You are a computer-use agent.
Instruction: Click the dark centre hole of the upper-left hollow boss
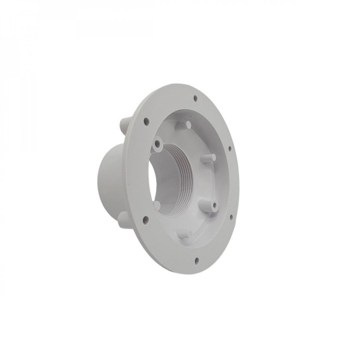tap(157, 142)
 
